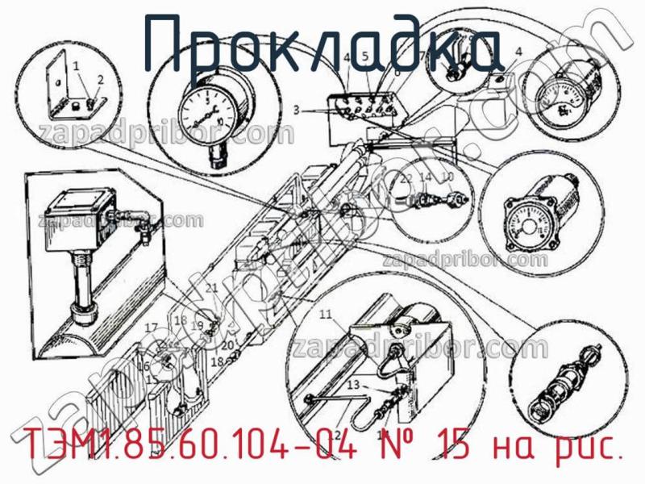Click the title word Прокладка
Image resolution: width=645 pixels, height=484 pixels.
point(322,44)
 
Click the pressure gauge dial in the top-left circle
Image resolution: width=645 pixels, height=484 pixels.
point(212,113)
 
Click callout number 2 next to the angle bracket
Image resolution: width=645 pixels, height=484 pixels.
point(101,79)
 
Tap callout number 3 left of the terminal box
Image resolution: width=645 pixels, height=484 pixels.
point(297,110)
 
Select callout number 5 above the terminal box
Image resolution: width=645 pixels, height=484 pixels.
point(364,56)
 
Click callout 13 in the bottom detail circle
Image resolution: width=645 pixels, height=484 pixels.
point(352,386)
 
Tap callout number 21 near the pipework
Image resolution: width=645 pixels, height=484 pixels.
point(212,288)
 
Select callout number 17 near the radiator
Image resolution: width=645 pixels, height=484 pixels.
point(151,327)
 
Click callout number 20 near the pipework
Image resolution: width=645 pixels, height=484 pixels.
point(227,344)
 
